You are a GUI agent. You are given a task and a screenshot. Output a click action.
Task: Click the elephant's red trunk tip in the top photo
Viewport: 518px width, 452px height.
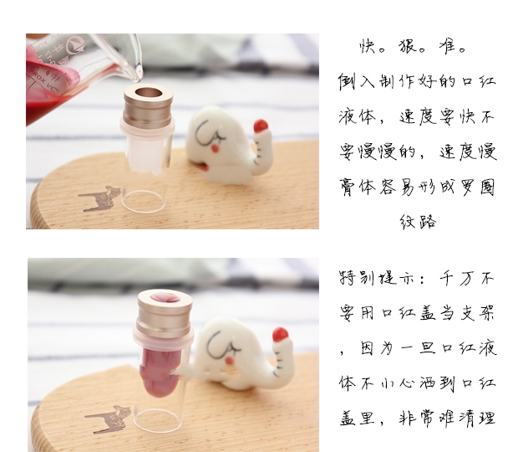(x=261, y=126)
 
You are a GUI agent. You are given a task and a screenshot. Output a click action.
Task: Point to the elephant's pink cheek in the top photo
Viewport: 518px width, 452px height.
(x=216, y=148)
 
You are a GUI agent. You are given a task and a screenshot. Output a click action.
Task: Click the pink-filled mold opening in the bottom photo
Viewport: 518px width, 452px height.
(x=165, y=297)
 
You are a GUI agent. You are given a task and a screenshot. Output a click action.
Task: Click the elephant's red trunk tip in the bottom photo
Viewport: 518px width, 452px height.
(x=281, y=334)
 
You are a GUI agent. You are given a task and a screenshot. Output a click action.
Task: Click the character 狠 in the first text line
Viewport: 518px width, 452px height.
(x=408, y=47)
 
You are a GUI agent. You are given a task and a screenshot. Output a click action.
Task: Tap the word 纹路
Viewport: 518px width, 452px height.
(x=418, y=222)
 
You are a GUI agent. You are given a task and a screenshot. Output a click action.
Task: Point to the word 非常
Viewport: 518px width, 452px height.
(x=417, y=418)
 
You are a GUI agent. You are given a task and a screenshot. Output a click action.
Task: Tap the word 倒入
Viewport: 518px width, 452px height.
(x=356, y=82)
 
